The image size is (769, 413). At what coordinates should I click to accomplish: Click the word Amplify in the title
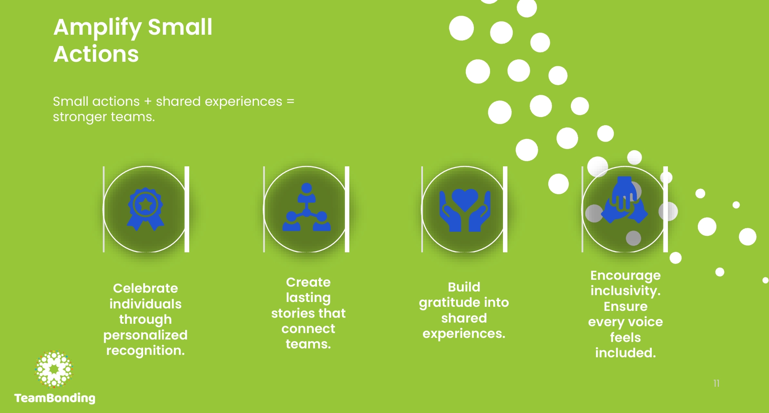pyautogui.click(x=97, y=28)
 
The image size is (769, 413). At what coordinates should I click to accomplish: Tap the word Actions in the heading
pyautogui.click(x=96, y=55)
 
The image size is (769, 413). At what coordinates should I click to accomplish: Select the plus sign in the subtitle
pyautogui.click(x=148, y=102)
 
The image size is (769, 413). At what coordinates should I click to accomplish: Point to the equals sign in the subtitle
pyautogui.click(x=290, y=101)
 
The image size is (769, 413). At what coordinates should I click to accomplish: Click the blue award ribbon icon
pyautogui.click(x=146, y=209)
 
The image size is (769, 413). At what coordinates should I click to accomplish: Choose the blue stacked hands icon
pyautogui.click(x=625, y=201)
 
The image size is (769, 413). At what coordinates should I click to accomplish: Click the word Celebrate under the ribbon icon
pyautogui.click(x=146, y=288)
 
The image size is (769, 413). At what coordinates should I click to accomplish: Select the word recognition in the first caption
pyautogui.click(x=146, y=350)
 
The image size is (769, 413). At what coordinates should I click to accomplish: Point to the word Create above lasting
pyautogui.click(x=308, y=282)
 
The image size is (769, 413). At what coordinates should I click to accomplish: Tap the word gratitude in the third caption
pyautogui.click(x=447, y=303)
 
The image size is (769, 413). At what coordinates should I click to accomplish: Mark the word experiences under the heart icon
pyautogui.click(x=464, y=334)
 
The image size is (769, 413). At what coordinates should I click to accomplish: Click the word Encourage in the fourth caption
pyautogui.click(x=625, y=276)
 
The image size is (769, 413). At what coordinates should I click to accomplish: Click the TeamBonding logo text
pyautogui.click(x=55, y=398)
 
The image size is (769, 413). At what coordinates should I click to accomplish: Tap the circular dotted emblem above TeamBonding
pyautogui.click(x=54, y=369)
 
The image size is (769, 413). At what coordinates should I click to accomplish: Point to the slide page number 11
pyautogui.click(x=716, y=383)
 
